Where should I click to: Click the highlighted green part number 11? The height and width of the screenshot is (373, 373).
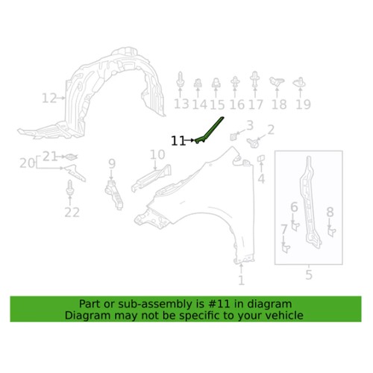click(x=210, y=130)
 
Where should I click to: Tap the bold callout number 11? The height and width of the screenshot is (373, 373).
click(x=178, y=141)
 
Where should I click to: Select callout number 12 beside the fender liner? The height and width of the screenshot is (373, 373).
click(x=49, y=98)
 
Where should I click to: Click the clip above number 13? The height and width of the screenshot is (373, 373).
click(x=180, y=80)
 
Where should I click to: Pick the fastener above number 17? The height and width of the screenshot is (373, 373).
click(x=254, y=79)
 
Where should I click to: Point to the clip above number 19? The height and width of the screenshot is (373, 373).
click(x=300, y=82)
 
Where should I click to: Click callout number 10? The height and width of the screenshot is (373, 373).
click(x=157, y=154)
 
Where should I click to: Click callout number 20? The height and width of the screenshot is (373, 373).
click(x=27, y=163)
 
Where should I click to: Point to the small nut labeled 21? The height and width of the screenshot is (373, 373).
click(x=71, y=157)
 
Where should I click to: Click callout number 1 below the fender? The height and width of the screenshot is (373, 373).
click(x=241, y=280)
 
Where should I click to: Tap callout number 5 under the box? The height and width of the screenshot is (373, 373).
click(x=309, y=275)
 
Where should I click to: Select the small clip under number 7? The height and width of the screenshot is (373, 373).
click(x=286, y=249)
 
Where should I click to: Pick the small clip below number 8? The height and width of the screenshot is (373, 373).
click(x=332, y=232)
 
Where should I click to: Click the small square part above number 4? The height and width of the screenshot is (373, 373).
click(x=261, y=158)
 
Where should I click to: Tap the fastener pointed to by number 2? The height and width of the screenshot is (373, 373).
click(x=253, y=143)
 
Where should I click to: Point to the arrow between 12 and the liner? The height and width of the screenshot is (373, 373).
click(x=61, y=98)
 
